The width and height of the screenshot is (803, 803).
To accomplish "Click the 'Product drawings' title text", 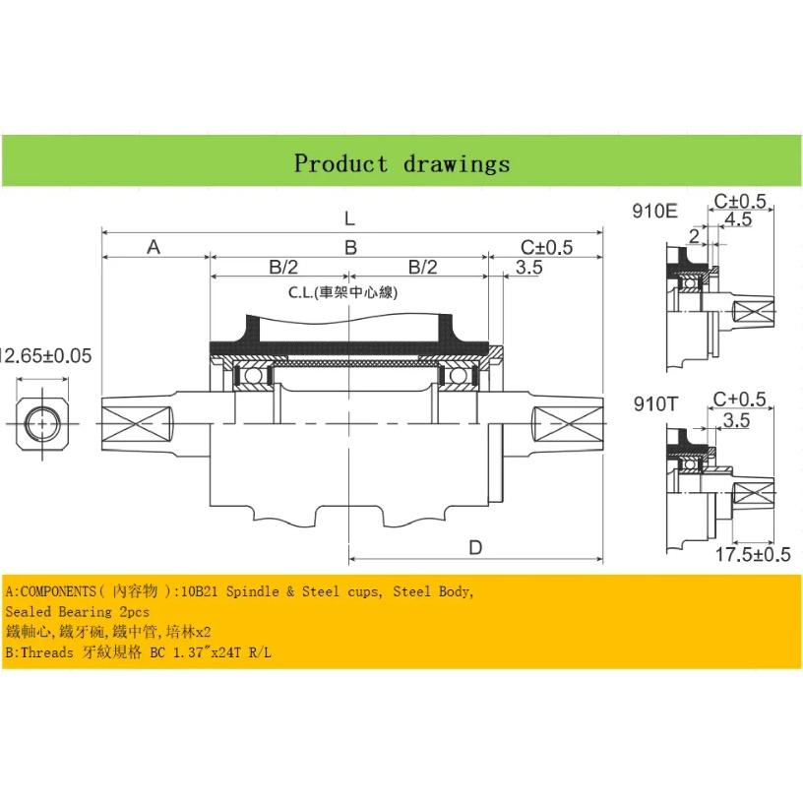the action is (402, 164).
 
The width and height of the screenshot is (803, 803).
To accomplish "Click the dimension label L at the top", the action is (349, 218).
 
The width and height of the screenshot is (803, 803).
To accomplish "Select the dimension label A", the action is (154, 247).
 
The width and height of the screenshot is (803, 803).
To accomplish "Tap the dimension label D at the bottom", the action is (475, 548).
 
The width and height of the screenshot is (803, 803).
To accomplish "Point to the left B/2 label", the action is (283, 267).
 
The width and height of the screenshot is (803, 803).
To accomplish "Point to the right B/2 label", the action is (422, 267).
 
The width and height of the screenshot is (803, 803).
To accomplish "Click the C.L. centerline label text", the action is (343, 292).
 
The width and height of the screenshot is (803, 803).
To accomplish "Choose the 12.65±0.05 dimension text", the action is (46, 355).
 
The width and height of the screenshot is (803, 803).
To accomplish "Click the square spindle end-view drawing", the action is (41, 424).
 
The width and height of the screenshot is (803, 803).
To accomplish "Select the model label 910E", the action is (655, 211).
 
